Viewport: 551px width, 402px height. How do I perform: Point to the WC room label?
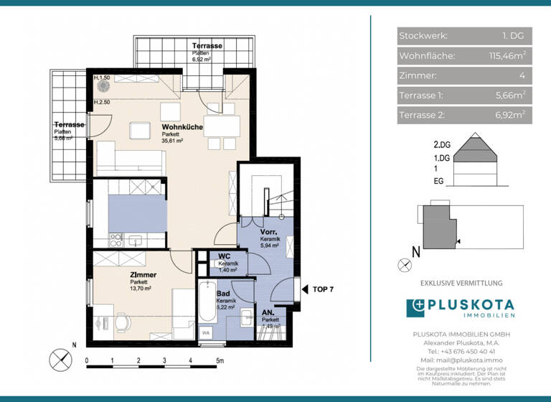[x=223, y=255]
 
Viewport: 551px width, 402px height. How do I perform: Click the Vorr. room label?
[x=269, y=233]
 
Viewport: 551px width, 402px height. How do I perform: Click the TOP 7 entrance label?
[x=323, y=289]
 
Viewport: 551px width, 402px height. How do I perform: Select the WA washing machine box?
[x=206, y=332]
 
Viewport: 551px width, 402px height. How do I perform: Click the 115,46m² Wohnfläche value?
[x=507, y=55]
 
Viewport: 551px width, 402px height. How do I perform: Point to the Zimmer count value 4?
[x=522, y=75]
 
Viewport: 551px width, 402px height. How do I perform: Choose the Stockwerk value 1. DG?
[x=514, y=35]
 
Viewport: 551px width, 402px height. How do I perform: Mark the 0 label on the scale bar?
[x=87, y=361]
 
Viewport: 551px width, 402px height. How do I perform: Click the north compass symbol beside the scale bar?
[x=60, y=357]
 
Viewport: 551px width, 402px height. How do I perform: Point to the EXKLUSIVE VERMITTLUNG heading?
[x=461, y=284]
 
